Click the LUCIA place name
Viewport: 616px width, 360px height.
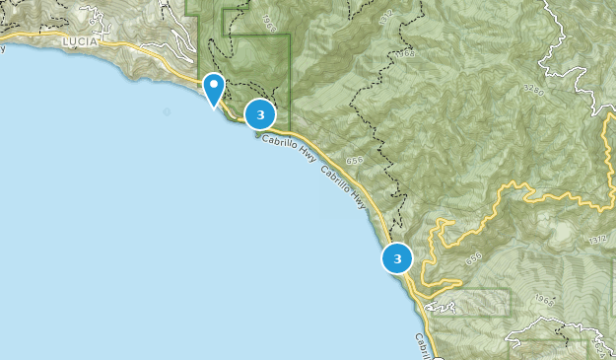79,42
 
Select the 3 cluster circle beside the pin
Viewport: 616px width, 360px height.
260,114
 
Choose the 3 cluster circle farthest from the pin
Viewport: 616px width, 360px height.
397,258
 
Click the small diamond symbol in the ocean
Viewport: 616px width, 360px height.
167,111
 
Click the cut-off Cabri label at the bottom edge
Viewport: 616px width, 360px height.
422,345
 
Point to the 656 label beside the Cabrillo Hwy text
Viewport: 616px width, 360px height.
356,160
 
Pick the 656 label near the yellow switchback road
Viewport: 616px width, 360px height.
474,257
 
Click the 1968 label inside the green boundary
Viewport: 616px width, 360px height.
271,21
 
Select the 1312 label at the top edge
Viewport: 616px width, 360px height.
385,11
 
